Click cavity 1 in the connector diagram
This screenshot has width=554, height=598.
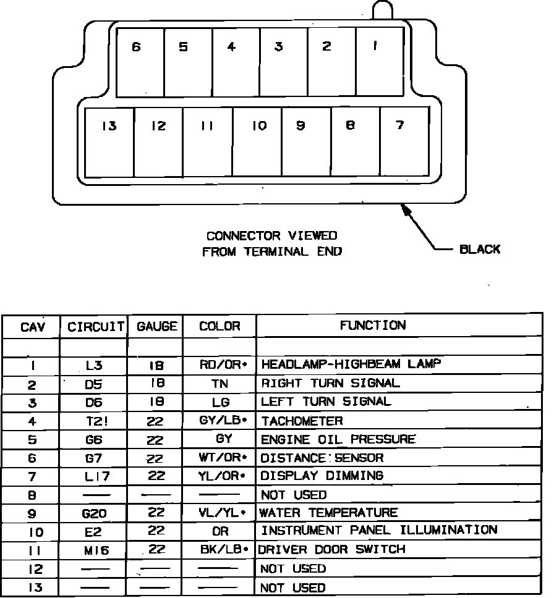coord(380,62)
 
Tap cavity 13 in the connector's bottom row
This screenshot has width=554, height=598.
coord(109,141)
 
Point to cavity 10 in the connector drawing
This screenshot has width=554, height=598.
coord(257,141)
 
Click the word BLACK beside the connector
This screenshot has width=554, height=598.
coord(479,250)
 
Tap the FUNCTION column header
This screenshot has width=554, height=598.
coord(372,326)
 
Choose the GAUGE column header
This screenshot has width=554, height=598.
coord(156,326)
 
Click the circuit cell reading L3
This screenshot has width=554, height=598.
coord(94,366)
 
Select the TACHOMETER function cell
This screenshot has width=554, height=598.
coord(302,421)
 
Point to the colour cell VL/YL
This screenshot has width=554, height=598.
coord(219,513)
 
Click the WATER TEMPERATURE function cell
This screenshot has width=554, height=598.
coord(328,513)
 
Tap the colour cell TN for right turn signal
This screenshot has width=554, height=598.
coord(219,384)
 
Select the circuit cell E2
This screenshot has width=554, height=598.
coord(94,531)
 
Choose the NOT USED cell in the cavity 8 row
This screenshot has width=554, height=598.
coord(293,495)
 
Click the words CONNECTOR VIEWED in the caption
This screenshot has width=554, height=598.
coord(271,236)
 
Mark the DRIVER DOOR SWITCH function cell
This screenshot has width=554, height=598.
coord(331,549)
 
